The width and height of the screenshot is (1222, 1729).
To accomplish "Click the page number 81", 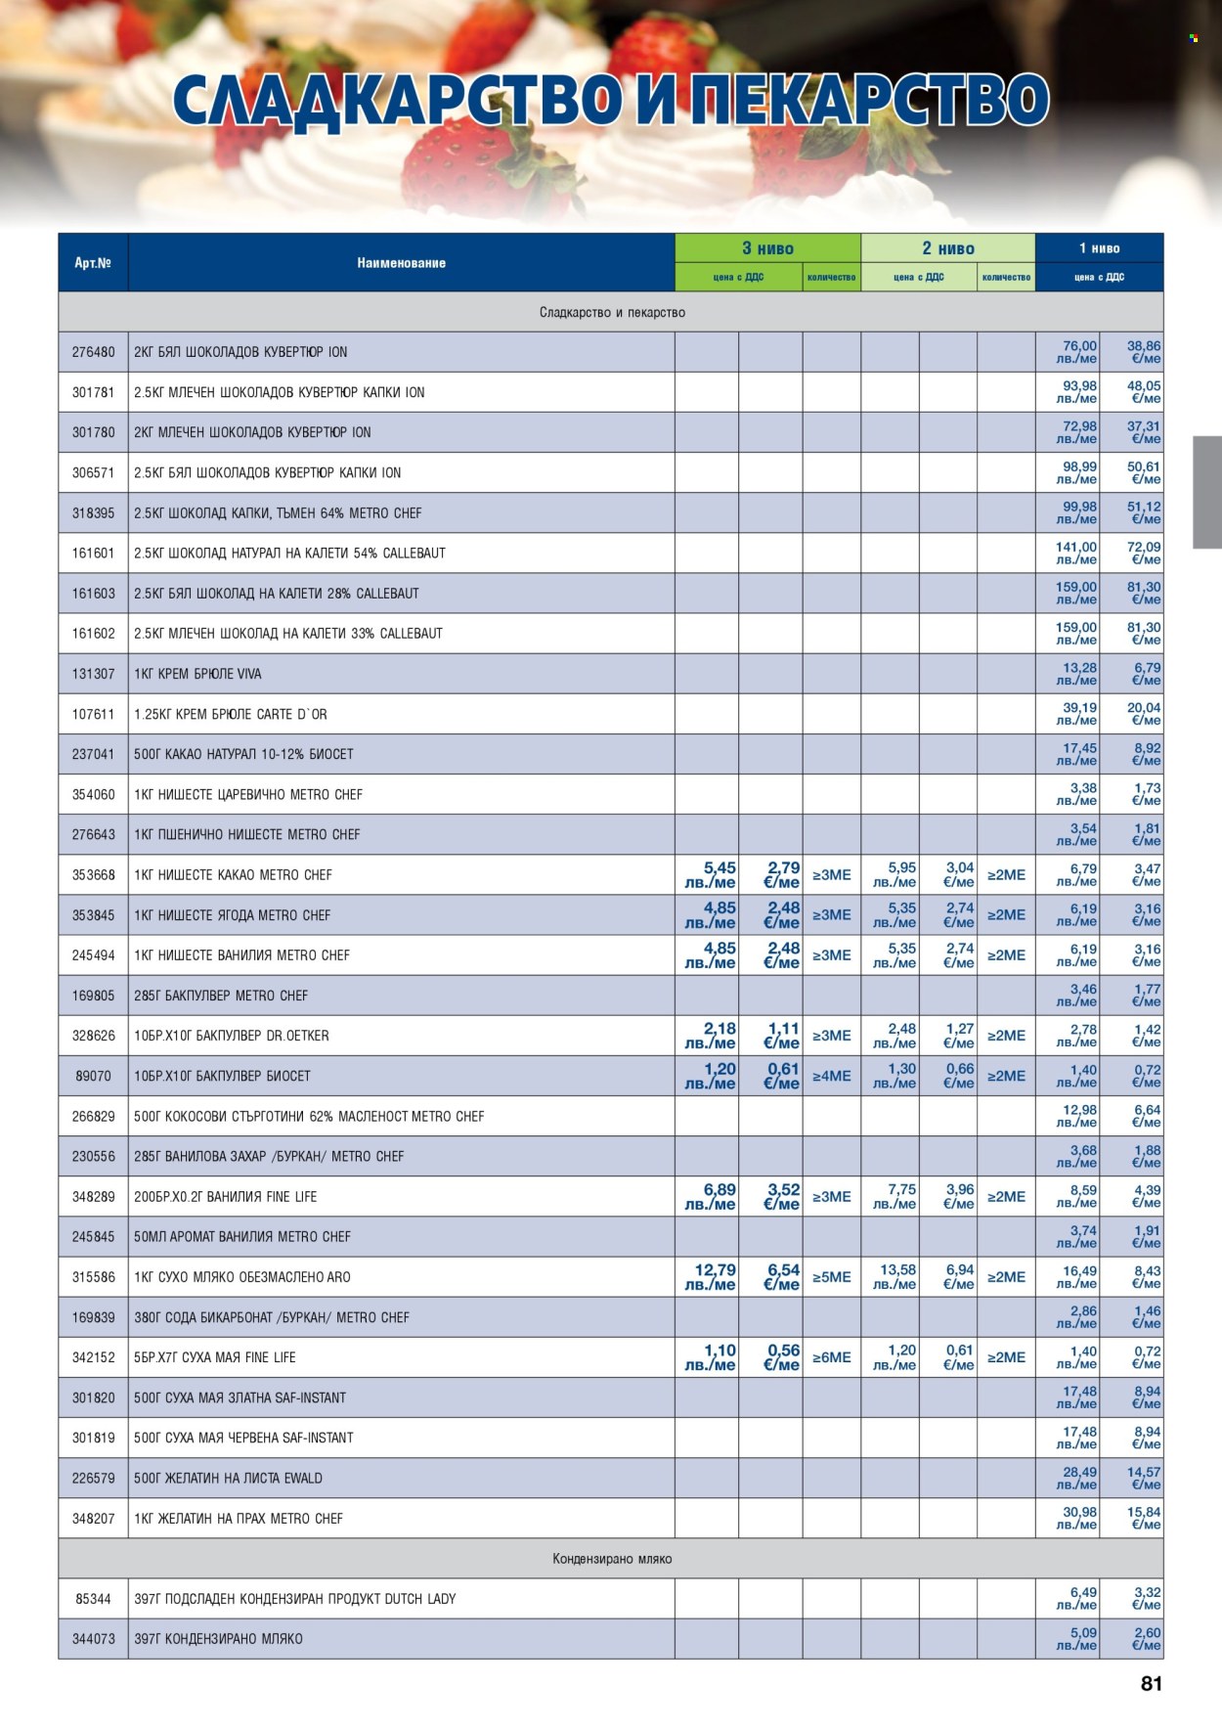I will pos(1151,1683).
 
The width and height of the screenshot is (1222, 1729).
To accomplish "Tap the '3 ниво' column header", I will pos(767,248).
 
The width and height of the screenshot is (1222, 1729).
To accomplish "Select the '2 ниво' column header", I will pos(947,248).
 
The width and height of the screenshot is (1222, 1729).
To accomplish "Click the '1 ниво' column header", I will pos(1099,248).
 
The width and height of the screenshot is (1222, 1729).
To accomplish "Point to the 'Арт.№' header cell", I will pos(93,263).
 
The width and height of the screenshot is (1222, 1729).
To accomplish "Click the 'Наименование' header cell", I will pos(401,263).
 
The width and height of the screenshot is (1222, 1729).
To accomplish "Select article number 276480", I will pos(93,352).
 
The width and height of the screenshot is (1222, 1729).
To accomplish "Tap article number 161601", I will pos(93,554).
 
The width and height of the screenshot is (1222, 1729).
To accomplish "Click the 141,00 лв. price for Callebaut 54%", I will pos(1076,554).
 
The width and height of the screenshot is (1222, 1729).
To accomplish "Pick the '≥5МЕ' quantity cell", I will pos(831,1277).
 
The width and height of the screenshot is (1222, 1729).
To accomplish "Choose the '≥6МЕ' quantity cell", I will pos(831,1357).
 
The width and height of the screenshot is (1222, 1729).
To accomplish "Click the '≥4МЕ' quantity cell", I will pos(831,1076).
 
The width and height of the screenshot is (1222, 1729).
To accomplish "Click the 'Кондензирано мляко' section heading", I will pos(611,1559).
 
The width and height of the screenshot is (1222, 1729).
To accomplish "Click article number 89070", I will pos(93,1076).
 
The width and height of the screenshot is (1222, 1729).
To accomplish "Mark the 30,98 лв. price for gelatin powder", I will pos(1079,1518).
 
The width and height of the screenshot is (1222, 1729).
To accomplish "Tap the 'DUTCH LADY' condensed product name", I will pos(419,1599).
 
